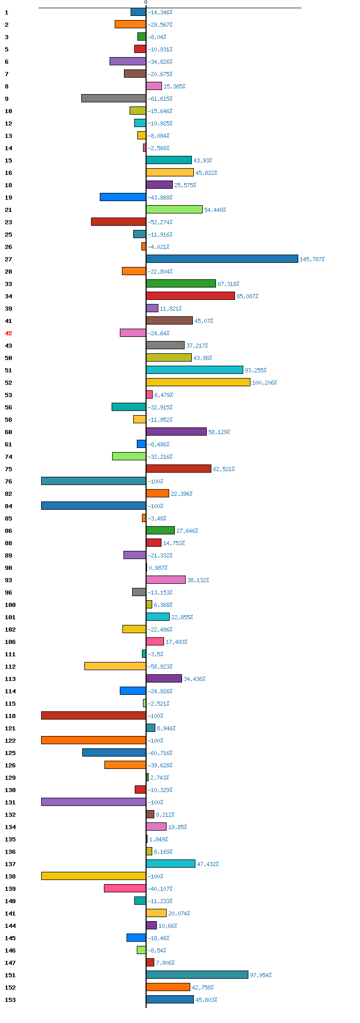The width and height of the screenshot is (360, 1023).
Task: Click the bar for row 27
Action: pos(222,259)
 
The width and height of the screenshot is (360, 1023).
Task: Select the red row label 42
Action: pos(8,333)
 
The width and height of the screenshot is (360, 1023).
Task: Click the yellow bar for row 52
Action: pos(198,382)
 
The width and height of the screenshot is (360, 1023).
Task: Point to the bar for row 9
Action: pos(114,98)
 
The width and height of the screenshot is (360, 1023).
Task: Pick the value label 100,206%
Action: pos(264,383)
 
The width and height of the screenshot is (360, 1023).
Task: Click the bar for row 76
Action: pos(94,481)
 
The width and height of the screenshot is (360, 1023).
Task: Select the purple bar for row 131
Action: pos(94,802)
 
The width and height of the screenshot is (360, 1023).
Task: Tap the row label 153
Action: pos(10,1000)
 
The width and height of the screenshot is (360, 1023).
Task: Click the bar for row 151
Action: pos(197,975)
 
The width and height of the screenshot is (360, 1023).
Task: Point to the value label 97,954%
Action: pos(261,975)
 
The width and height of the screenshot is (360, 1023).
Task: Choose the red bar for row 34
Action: pos(190,296)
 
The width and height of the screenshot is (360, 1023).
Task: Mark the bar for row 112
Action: pos(115,666)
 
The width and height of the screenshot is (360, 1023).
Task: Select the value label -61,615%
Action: pos(160,99)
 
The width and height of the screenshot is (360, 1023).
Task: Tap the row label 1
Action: pos(7,12)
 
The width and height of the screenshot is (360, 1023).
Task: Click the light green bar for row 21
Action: pos(174,209)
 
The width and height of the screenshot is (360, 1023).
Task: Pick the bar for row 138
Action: pos(94,876)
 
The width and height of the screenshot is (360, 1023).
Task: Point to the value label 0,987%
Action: pos(158,568)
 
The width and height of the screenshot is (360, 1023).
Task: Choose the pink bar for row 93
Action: pos(166,580)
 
